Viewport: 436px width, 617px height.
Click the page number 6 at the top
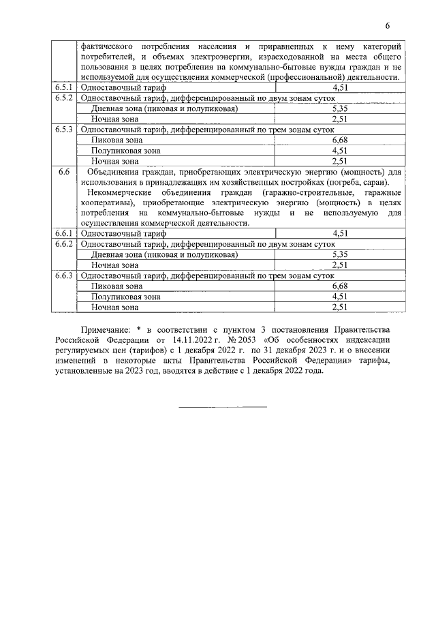pyautogui.click(x=387, y=27)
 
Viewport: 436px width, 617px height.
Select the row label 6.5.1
pyautogui.click(x=66, y=88)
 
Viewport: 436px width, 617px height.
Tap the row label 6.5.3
pyautogui.click(x=66, y=129)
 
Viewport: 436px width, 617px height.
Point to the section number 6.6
pyautogui.click(x=66, y=172)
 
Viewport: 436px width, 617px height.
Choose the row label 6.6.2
pyautogui.click(x=66, y=243)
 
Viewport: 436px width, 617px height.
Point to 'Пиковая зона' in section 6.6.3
pyautogui.click(x=116, y=286)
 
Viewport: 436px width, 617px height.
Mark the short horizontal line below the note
pyautogui.click(x=222, y=407)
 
